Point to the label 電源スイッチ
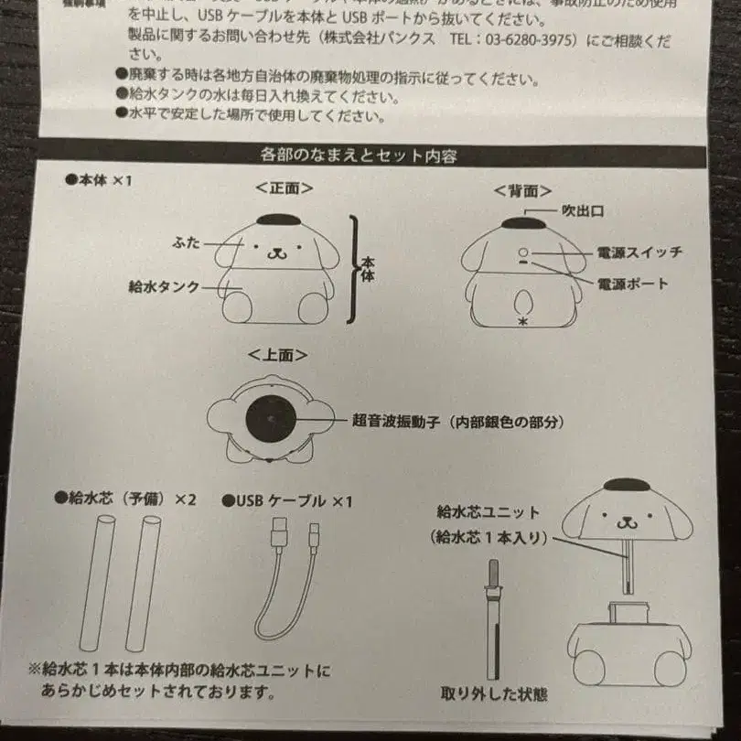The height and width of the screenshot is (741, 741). (639, 252)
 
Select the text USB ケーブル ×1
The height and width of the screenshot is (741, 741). (287, 500)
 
